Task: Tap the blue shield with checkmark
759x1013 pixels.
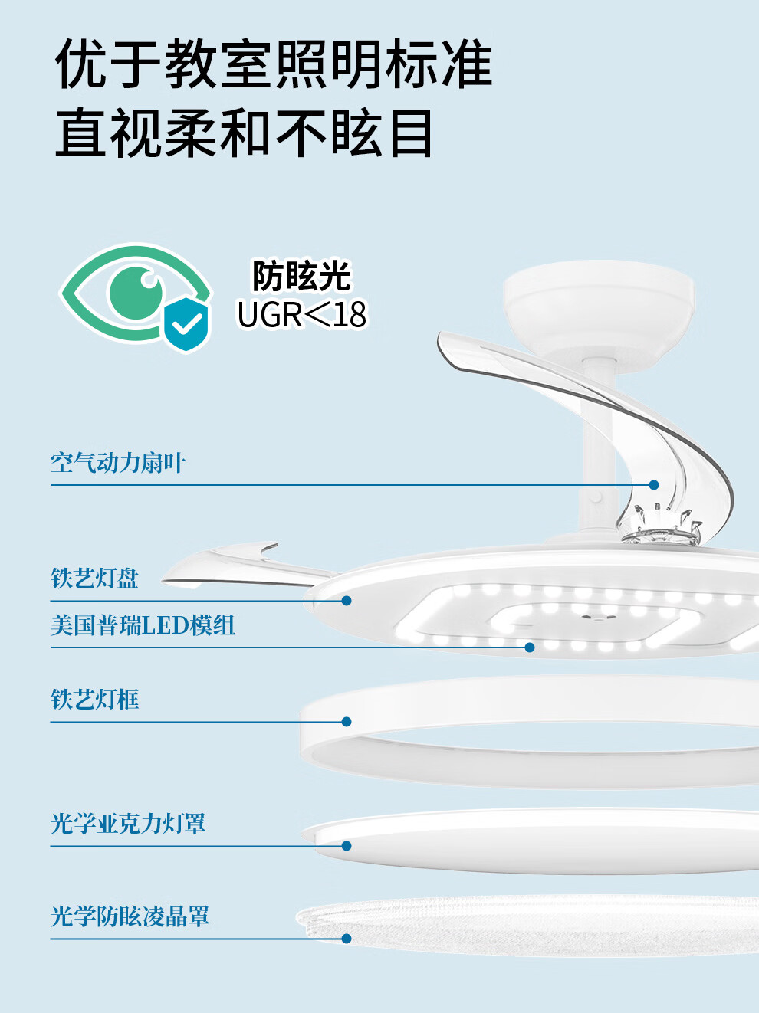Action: [186, 324]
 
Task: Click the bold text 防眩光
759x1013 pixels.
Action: [301, 277]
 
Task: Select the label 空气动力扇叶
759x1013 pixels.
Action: [118, 463]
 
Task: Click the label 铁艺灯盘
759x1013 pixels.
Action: [95, 579]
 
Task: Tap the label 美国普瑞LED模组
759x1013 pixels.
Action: [143, 625]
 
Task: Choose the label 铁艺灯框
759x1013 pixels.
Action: [95, 700]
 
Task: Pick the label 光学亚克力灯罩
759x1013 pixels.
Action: [128, 824]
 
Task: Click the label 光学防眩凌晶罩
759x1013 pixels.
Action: [130, 916]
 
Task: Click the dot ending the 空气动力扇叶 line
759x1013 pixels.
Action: [654, 485]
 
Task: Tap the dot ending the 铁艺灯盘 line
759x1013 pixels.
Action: [347, 601]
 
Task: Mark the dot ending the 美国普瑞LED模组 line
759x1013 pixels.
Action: [530, 647]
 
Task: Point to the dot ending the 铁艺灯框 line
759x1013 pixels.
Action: [347, 722]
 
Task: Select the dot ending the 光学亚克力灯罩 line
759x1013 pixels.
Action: [347, 846]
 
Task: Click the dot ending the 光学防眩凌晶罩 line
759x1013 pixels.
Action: [347, 939]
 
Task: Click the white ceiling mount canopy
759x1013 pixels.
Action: [599, 307]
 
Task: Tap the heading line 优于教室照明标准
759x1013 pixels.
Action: [274, 64]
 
